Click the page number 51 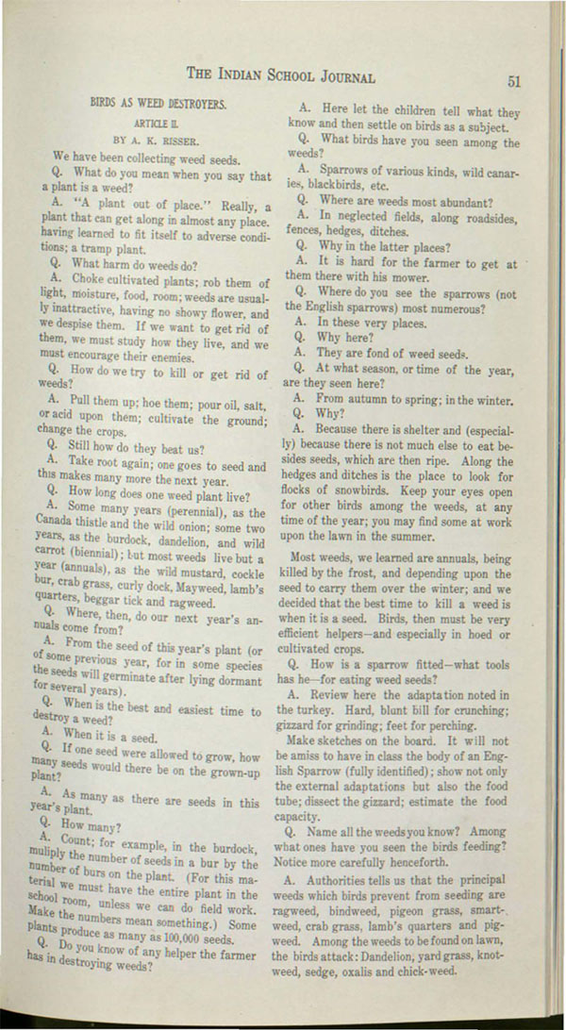[x=514, y=80]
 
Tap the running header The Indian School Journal [x=280, y=75]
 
